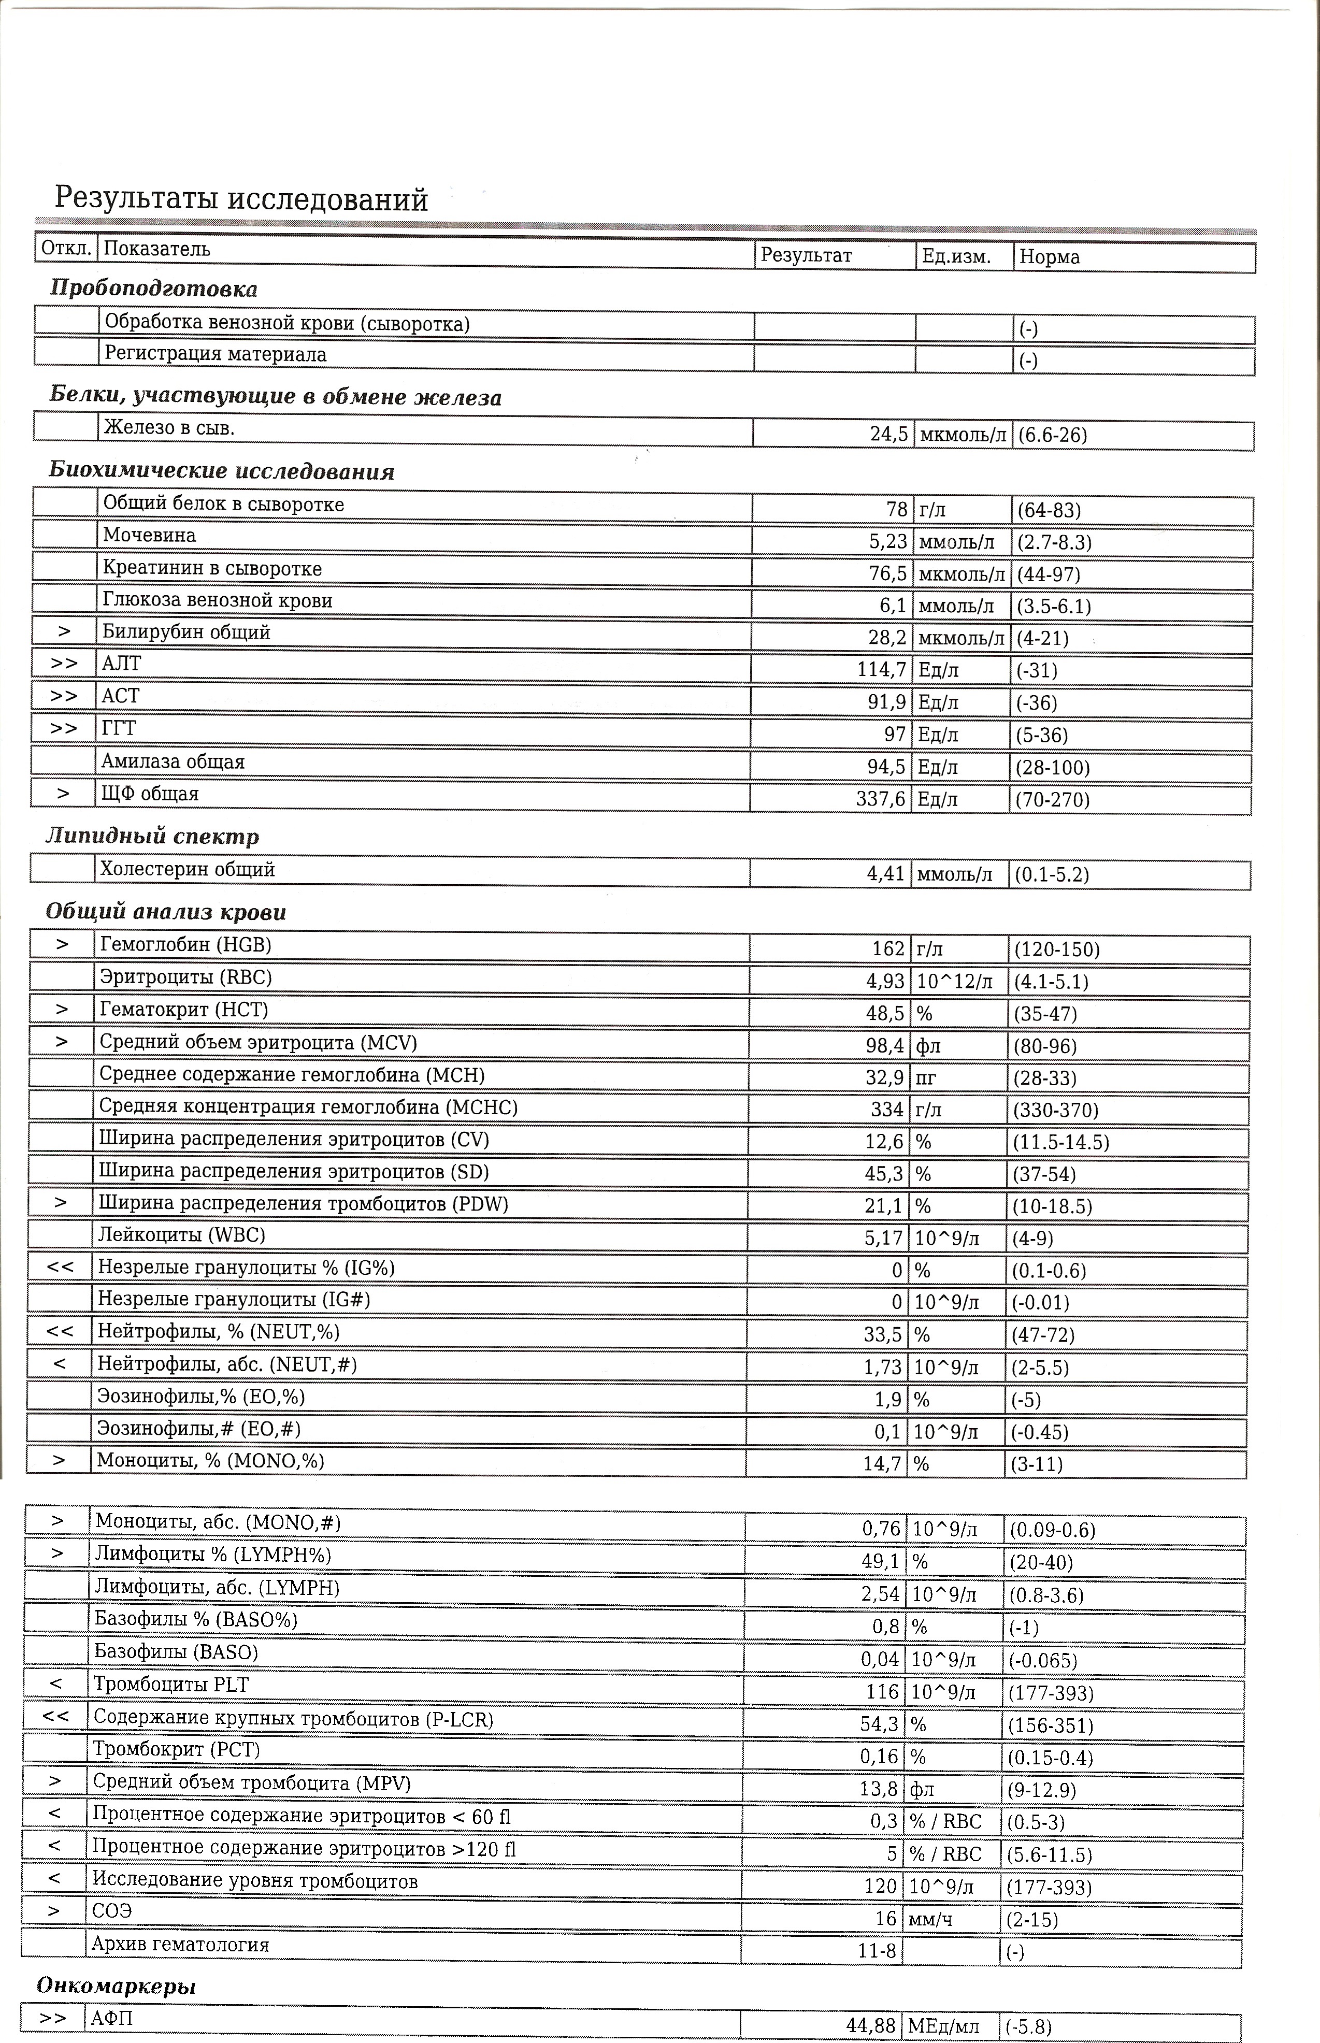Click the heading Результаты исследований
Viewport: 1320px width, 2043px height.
pyautogui.click(x=241, y=199)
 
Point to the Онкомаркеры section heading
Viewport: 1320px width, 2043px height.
pyautogui.click(x=116, y=1986)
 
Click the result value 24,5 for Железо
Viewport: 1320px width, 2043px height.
pyautogui.click(x=889, y=435)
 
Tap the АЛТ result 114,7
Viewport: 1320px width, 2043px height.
pyautogui.click(x=881, y=669)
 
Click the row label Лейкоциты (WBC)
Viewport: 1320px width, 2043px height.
pyautogui.click(x=182, y=1235)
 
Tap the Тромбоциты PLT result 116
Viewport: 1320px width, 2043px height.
pyautogui.click(x=882, y=1692)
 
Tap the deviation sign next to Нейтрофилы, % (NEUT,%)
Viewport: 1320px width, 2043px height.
pyautogui.click(x=60, y=1332)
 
